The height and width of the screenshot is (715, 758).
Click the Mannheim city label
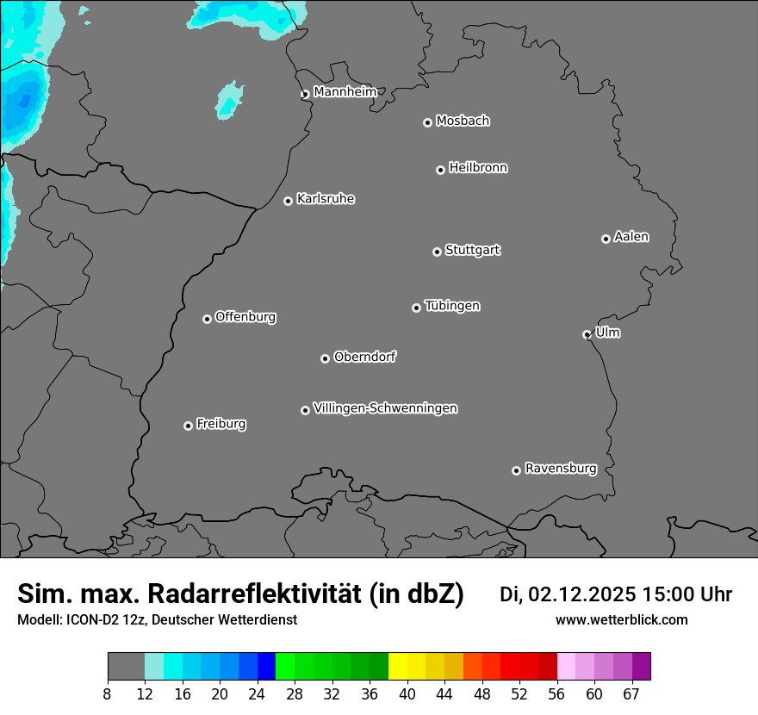(345, 91)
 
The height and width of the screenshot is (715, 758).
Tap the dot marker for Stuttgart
(437, 252)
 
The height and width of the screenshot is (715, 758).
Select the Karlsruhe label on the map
(326, 199)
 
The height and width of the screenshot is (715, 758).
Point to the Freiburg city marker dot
(188, 426)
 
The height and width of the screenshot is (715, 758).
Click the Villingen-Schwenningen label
(385, 408)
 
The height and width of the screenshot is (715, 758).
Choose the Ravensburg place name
(560, 469)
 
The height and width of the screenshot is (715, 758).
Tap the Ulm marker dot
(587, 334)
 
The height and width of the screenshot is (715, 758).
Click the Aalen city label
(631, 237)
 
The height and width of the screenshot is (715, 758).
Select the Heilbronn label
(478, 168)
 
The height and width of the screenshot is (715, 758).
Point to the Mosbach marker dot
(427, 122)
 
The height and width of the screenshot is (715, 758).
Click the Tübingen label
(452, 306)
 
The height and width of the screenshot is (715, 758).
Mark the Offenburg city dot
(207, 319)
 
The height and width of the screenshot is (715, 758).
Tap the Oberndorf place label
(364, 357)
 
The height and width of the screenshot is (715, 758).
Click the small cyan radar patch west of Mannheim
(229, 99)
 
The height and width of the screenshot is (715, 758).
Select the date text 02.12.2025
(582, 594)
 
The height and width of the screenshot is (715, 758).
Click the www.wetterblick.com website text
(621, 619)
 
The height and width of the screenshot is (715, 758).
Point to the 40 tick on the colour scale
(407, 694)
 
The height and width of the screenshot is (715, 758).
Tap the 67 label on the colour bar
(631, 694)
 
